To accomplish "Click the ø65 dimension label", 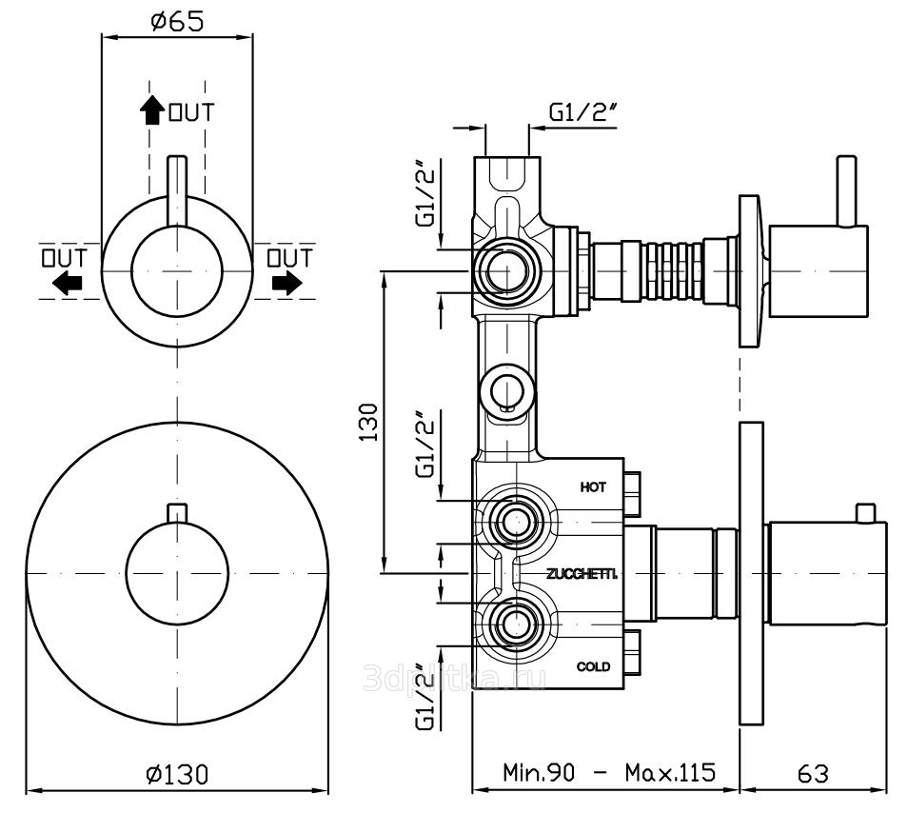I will [x=177, y=22].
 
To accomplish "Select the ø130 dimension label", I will [x=177, y=774].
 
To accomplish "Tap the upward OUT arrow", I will [x=150, y=111].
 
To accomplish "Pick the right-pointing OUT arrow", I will [x=286, y=282].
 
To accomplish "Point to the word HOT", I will [x=593, y=487].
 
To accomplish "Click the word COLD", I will [x=593, y=666].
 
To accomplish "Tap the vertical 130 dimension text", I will [x=370, y=422].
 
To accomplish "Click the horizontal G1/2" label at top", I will [x=583, y=113].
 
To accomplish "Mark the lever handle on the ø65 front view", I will [x=177, y=190].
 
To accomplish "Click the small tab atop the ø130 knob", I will [x=176, y=512].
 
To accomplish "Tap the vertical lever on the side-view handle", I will [x=844, y=189].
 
